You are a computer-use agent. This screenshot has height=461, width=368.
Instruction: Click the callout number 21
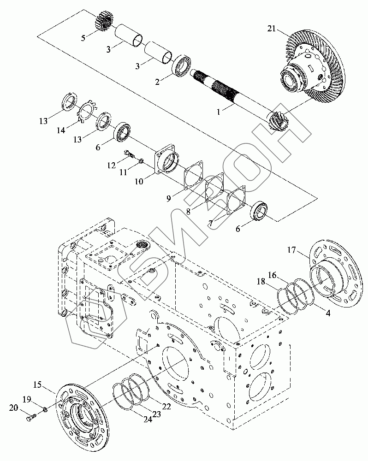(x=272, y=29)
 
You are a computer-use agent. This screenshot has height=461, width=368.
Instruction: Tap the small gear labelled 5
(x=104, y=20)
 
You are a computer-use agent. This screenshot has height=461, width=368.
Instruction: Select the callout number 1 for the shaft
(x=218, y=112)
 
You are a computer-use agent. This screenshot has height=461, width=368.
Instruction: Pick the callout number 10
(x=139, y=181)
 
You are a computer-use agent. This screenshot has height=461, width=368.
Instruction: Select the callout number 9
(x=168, y=199)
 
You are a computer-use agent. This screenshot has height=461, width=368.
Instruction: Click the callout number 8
(x=188, y=211)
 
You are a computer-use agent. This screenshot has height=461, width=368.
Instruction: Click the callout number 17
(x=291, y=250)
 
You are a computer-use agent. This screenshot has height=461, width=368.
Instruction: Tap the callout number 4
(x=327, y=313)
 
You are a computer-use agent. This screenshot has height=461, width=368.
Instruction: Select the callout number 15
(x=38, y=384)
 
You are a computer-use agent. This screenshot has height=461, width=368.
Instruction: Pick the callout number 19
(x=27, y=399)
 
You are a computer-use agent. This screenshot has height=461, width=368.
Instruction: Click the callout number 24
(x=148, y=420)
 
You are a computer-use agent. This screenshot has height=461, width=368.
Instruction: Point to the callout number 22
(x=166, y=407)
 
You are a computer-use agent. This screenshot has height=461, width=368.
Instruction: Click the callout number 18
(x=261, y=282)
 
